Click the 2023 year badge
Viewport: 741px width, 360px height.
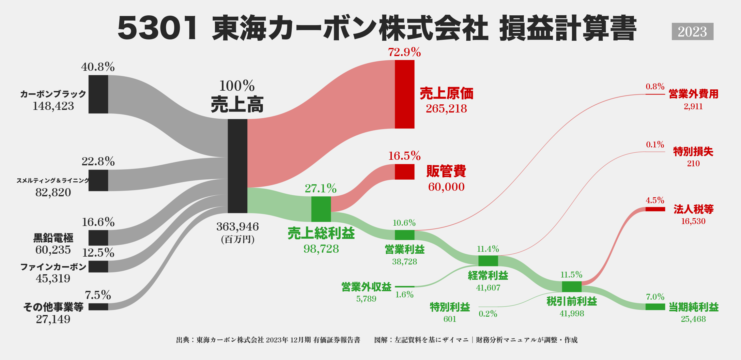pos(692,32)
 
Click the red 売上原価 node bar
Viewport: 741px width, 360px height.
pos(405,94)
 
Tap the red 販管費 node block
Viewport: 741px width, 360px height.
pos(405,172)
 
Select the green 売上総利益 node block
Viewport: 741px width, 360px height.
pos(321,209)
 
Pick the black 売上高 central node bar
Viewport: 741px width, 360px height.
pos(238,166)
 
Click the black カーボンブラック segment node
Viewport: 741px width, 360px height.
pos(98,94)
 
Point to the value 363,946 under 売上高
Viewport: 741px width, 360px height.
pos(238,227)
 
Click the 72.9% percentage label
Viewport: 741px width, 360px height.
pos(404,52)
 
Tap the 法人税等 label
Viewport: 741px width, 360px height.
pos(693,209)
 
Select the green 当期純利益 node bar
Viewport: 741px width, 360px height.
pos(655,307)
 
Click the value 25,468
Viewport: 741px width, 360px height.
pos(693,319)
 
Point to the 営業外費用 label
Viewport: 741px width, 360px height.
pos(693,94)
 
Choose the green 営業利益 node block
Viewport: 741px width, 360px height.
pos(405,235)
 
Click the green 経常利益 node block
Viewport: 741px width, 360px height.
pos(488,261)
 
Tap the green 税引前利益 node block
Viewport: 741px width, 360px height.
pos(572,287)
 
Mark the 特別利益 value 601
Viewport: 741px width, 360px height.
pos(450,319)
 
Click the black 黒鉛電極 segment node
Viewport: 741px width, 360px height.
pos(98,238)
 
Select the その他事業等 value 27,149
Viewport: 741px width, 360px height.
pos(53,319)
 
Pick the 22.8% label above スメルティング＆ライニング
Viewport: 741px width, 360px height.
pos(98,161)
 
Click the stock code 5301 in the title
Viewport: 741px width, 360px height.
pos(158,29)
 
